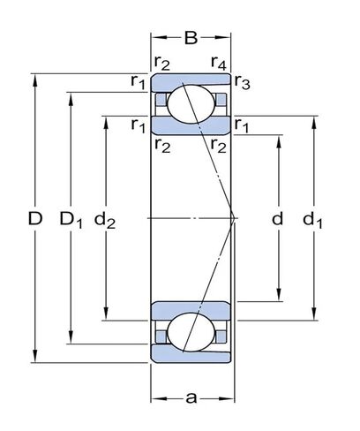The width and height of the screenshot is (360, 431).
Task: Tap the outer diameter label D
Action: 34,218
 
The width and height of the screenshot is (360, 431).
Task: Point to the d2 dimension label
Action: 106,218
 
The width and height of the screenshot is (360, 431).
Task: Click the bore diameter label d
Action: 278,218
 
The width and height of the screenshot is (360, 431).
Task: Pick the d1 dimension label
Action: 313,218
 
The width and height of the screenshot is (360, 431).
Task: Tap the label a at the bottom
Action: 191,397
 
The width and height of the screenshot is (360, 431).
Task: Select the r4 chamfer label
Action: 220,61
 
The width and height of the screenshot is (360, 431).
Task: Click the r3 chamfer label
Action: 243,83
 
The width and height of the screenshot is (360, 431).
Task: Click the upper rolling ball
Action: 191,105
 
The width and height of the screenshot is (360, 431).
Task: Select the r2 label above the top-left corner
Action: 161,61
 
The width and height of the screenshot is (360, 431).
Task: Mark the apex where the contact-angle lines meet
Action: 234,217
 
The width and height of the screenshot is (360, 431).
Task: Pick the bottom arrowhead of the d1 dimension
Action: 315,315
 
